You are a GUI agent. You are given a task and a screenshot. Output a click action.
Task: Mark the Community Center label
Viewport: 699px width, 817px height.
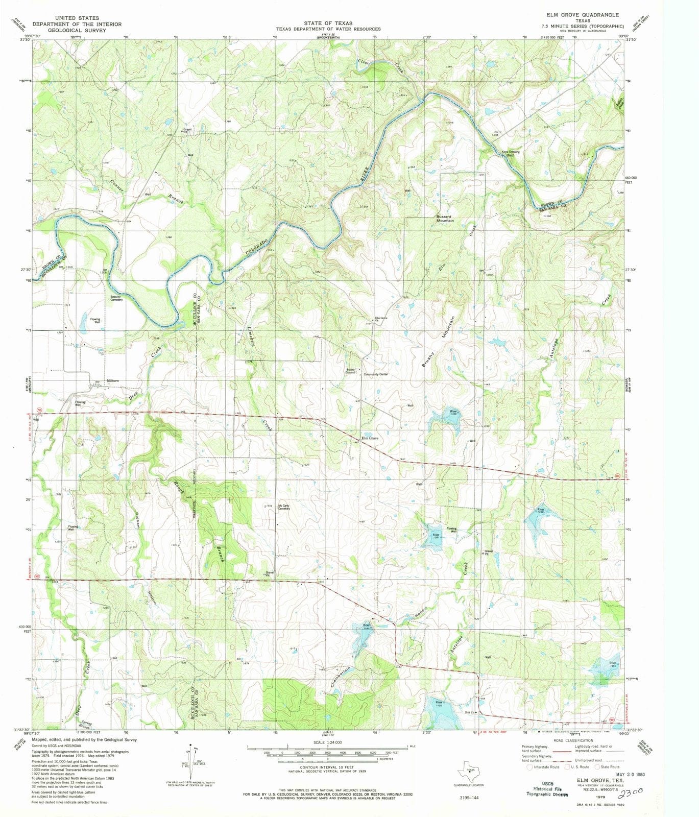click(376, 374)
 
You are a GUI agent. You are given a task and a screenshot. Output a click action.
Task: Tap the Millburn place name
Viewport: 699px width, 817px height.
click(112, 381)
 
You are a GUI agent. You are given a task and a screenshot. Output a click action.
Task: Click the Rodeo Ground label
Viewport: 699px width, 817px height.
click(350, 371)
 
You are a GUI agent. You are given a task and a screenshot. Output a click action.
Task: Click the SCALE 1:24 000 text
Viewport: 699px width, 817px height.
click(327, 742)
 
